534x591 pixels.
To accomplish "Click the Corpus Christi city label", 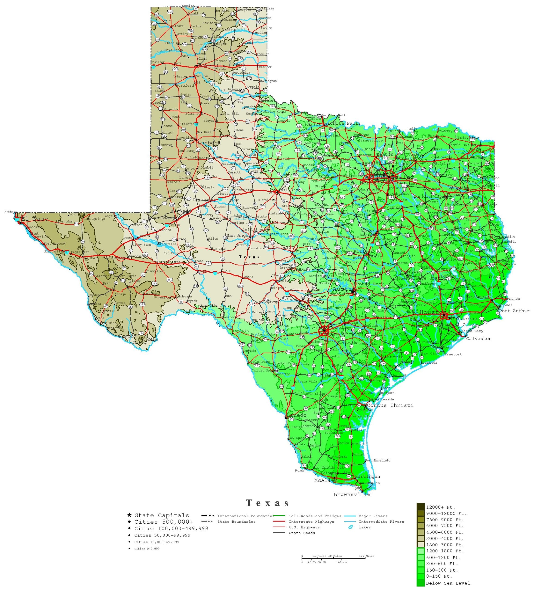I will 390,405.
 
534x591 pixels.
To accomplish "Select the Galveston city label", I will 479,339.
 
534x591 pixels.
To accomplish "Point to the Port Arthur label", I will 514,311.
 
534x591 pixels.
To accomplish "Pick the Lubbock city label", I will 209,143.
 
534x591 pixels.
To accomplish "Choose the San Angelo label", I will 240,235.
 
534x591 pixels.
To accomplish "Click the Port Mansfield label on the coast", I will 378,461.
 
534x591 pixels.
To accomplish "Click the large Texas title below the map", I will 268,511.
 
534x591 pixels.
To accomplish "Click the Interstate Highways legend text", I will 311,530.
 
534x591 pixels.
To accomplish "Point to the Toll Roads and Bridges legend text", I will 315,525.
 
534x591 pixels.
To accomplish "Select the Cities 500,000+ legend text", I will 164,530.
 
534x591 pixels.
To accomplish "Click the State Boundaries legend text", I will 236,530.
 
